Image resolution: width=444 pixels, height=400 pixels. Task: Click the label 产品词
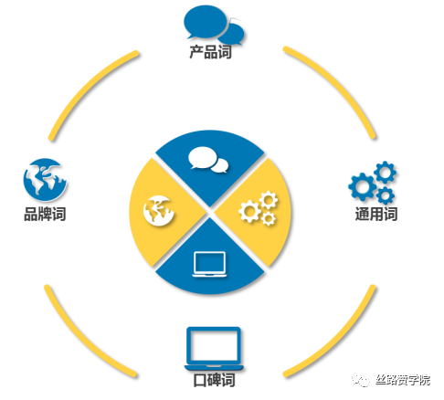pos(210,52)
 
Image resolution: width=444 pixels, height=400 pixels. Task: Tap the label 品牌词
pos(45,214)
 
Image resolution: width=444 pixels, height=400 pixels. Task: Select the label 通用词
pos(376,214)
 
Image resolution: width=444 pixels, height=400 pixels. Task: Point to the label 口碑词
pos(214,380)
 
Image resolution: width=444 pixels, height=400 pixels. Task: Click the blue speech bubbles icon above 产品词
pos(214,25)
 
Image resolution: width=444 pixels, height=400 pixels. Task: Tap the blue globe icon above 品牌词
pos(45,180)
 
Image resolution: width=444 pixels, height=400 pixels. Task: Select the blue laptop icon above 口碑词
pos(214,349)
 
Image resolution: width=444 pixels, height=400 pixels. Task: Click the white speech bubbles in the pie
pos(208,160)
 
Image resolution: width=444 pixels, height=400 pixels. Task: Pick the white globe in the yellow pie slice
pos(159,211)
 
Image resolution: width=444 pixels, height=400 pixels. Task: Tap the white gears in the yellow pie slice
pos(259,208)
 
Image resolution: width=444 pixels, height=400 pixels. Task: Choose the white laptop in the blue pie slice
pos(209,264)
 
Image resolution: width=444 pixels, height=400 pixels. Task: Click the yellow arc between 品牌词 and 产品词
pos(87,88)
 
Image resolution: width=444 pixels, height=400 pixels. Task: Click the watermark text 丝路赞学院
pos(403,380)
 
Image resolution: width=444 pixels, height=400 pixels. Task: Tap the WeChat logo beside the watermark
pos(361,380)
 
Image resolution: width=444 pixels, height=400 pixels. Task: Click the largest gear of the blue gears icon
pos(362,186)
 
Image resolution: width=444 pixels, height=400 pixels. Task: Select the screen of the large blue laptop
pos(214,346)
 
